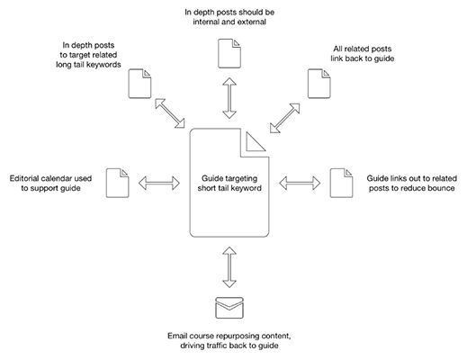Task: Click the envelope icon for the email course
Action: point(229,308)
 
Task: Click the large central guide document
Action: point(229,210)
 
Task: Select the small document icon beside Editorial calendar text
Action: point(117,183)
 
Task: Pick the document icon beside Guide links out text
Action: point(341,183)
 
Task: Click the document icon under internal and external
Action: point(229,53)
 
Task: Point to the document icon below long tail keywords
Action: point(139,84)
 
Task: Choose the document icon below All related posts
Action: point(319,84)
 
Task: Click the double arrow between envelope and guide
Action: point(229,267)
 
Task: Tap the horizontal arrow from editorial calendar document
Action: point(159,183)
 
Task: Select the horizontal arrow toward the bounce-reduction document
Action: point(300,183)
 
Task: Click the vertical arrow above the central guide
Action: point(229,98)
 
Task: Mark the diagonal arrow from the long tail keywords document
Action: point(170,113)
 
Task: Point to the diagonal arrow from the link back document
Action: point(284,118)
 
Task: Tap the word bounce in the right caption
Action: point(441,188)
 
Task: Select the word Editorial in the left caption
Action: point(24,178)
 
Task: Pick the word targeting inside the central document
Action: point(242,179)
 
